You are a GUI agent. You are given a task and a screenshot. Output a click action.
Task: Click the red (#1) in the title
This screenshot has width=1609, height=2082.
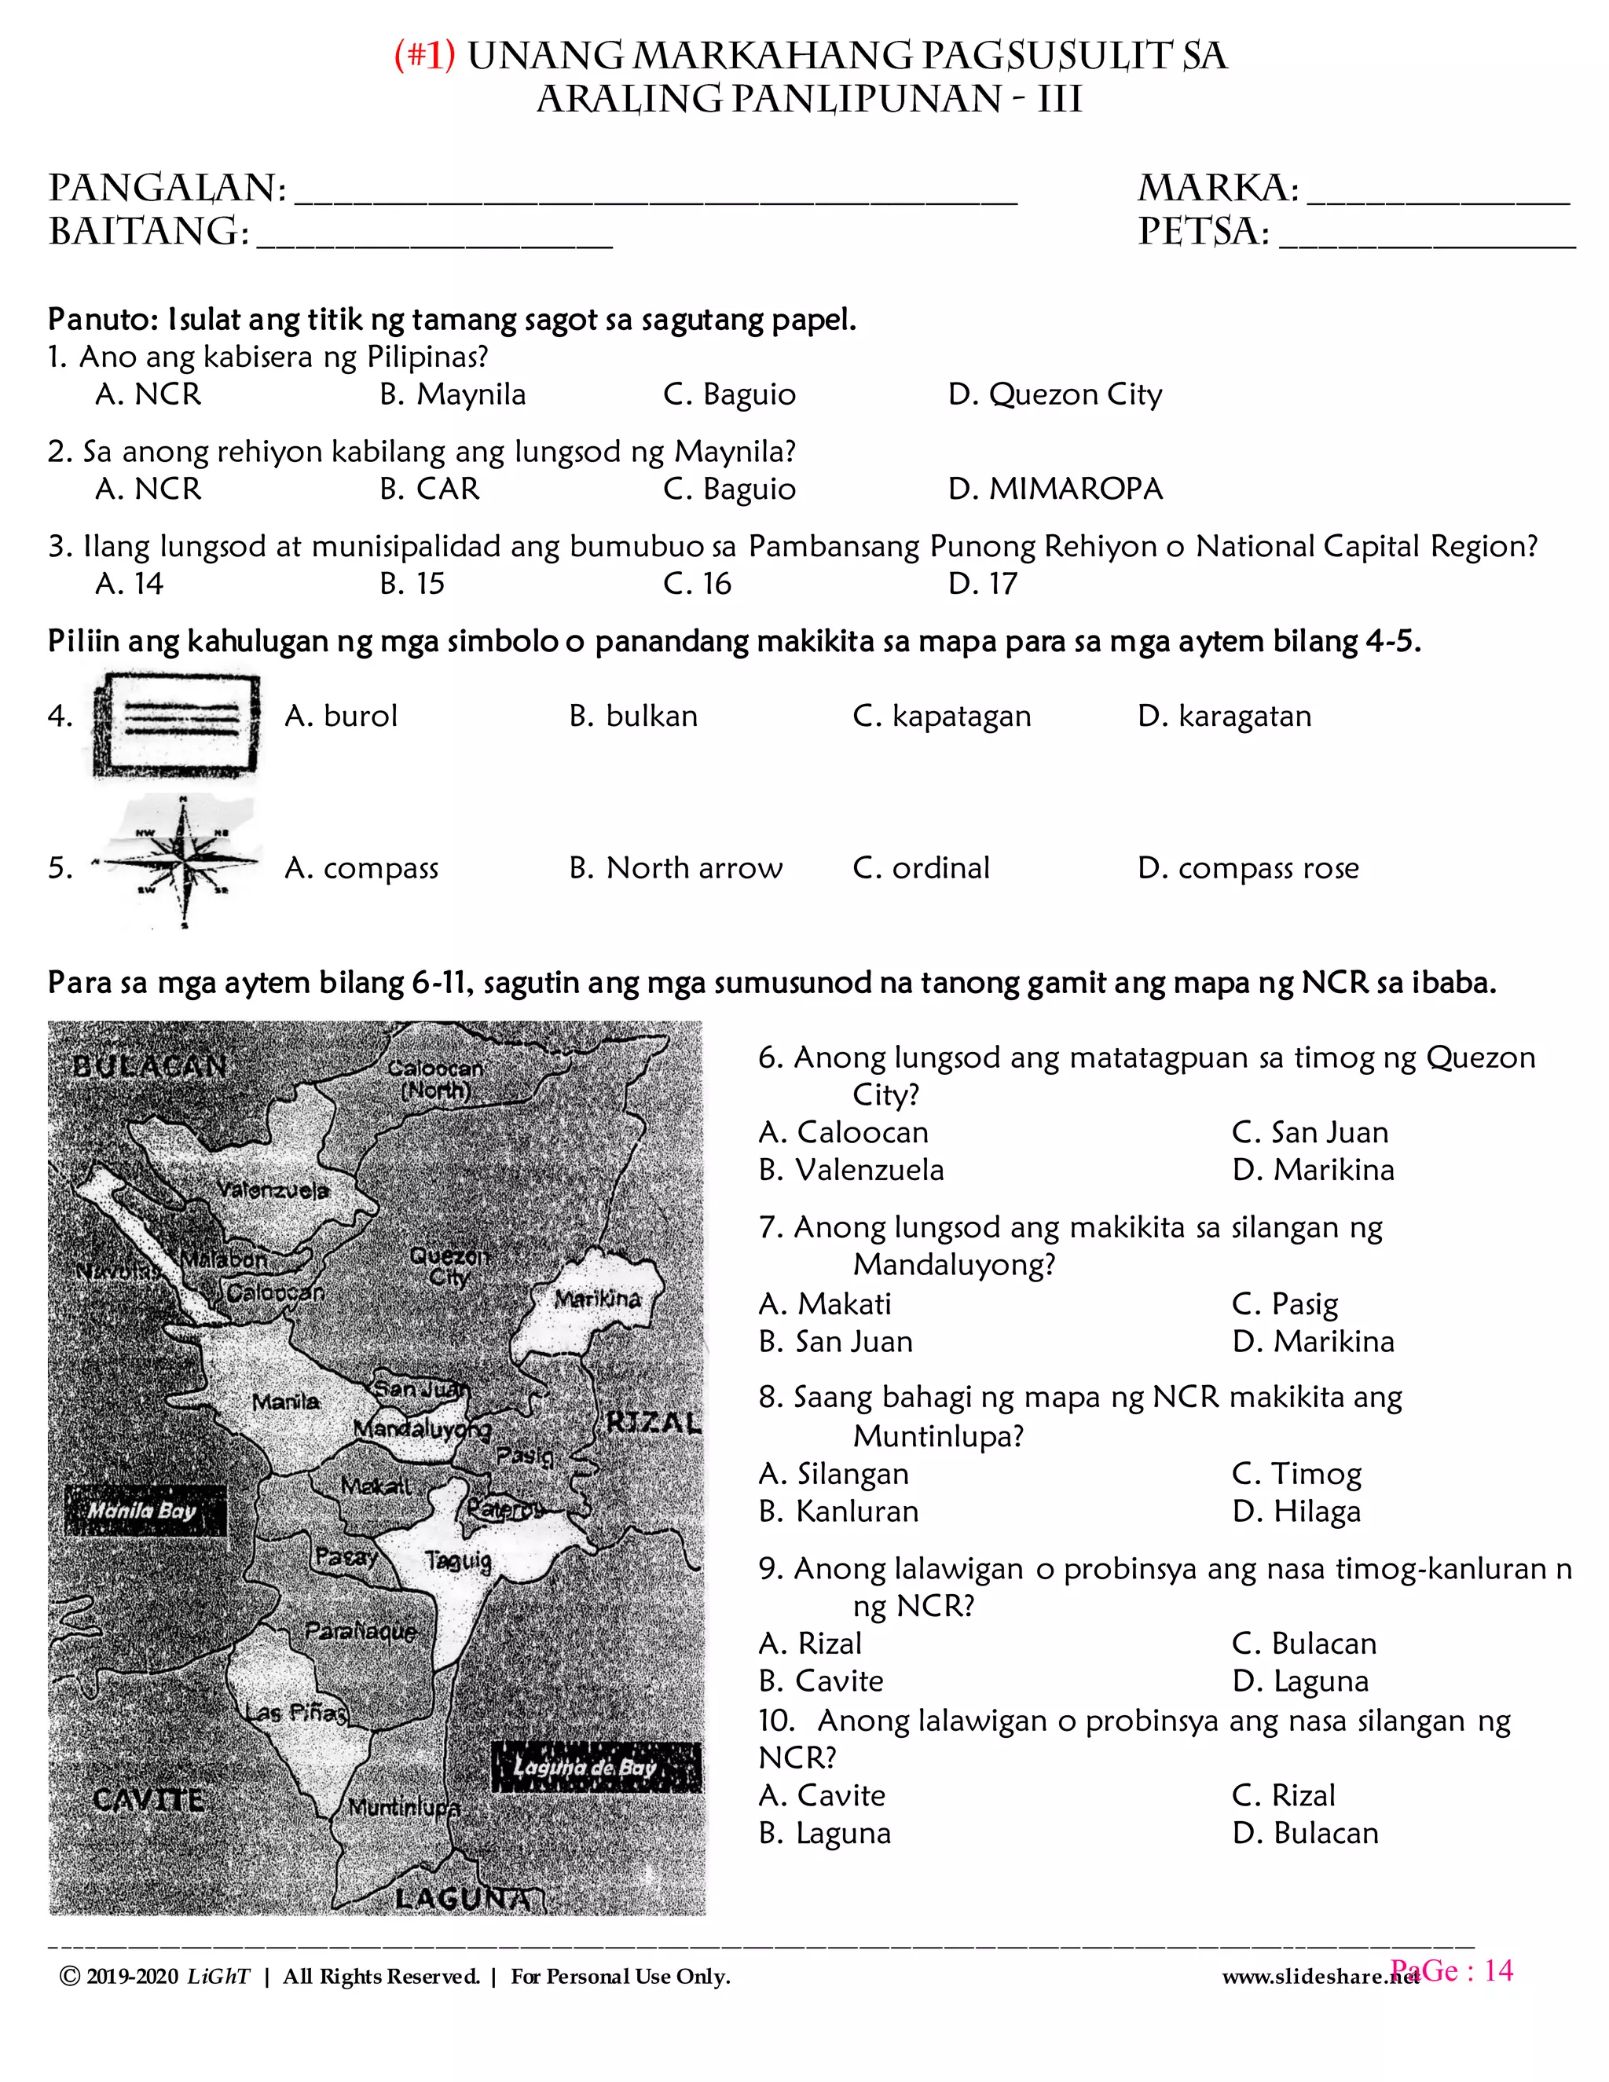425,57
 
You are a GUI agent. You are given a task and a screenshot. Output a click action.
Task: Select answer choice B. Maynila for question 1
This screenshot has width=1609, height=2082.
453,394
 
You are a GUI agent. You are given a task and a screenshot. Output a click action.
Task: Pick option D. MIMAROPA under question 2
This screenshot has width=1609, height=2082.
1055,489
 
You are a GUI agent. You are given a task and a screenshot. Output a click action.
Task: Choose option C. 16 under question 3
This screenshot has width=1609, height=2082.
697,584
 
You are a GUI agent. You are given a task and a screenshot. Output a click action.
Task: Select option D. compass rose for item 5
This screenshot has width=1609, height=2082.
1248,868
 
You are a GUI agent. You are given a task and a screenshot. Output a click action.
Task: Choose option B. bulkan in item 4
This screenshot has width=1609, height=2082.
633,716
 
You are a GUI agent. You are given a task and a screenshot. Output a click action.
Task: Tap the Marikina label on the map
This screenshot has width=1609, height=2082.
598,1299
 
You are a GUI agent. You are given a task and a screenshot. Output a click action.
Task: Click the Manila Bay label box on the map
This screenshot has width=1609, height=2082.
144,1510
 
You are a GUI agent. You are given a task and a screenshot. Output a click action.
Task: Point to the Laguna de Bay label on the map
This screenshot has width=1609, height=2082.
586,1766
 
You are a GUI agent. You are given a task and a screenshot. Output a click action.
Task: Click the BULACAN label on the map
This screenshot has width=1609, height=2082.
149,1066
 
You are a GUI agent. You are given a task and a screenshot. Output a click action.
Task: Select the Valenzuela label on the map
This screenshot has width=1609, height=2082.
273,1190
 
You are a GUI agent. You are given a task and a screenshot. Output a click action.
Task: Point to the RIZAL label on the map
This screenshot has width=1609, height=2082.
654,1424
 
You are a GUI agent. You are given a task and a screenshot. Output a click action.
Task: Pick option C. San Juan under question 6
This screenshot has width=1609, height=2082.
1310,1132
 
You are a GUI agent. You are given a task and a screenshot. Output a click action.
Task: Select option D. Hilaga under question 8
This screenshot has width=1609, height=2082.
1296,1512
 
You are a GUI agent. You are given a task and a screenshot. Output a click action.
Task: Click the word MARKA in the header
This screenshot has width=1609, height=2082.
1217,188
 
